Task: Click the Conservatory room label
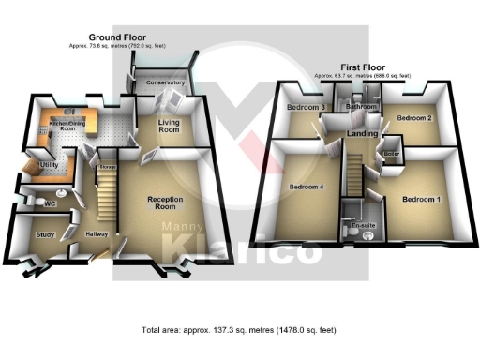point(165,83)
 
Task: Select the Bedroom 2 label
point(412,119)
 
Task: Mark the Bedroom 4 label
point(307,187)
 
